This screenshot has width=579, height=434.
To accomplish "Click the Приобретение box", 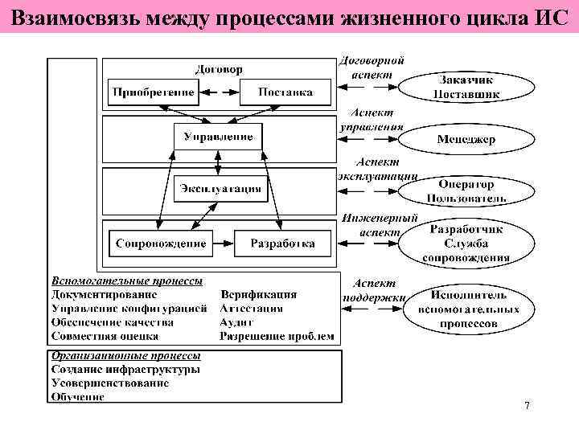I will [x=153, y=92].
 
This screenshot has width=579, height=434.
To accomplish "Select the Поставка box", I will [x=285, y=92].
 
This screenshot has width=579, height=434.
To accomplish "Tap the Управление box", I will [x=218, y=137].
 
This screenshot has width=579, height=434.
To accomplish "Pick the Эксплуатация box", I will [x=220, y=189].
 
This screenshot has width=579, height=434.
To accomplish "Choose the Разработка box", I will [x=282, y=243].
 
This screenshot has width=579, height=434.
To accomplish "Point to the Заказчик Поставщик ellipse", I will [x=466, y=87].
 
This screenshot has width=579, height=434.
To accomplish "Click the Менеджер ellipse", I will [x=466, y=139].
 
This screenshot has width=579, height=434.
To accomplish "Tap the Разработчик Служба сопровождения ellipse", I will [x=466, y=244].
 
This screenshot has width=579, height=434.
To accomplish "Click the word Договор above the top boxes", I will [x=219, y=69].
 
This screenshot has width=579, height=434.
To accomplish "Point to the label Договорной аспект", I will [x=372, y=67].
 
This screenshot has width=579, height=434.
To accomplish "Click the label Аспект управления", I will [x=372, y=121].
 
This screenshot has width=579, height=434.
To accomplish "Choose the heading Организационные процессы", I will [x=126, y=356].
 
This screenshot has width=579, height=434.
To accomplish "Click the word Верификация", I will [x=258, y=295].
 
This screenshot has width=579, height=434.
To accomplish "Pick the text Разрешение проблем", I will [x=277, y=336].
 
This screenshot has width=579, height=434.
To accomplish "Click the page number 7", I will [x=527, y=406].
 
